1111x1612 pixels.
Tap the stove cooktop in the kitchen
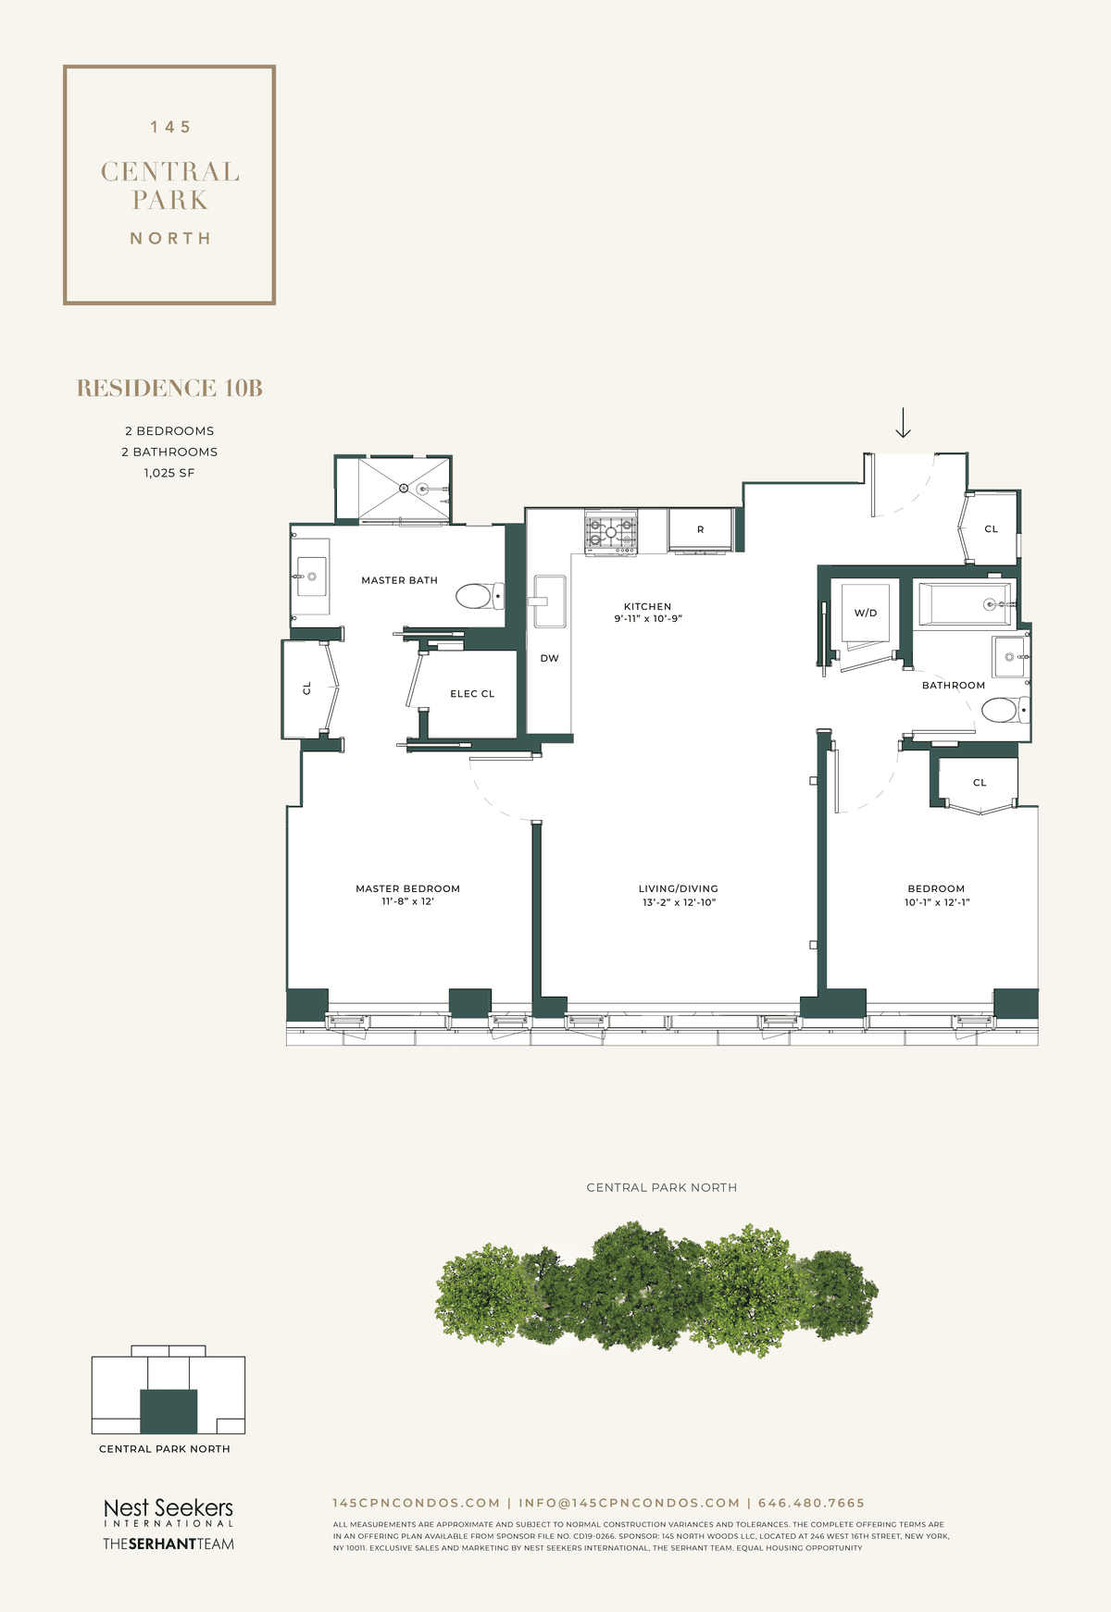click(611, 532)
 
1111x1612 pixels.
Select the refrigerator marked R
click(701, 530)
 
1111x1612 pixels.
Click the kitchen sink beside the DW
click(549, 601)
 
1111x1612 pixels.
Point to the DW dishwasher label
click(550, 659)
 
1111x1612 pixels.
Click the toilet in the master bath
click(480, 595)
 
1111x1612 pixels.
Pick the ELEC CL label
click(472, 694)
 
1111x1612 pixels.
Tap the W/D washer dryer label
click(866, 614)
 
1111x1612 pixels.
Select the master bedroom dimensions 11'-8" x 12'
click(408, 901)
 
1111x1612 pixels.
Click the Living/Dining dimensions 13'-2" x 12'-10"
click(680, 902)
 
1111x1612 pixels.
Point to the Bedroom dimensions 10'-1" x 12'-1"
click(937, 902)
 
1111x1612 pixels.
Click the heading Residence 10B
click(169, 389)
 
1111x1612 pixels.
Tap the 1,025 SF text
click(169, 473)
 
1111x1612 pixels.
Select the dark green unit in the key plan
click(169, 1411)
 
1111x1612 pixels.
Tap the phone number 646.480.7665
click(811, 1503)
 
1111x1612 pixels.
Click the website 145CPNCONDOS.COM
click(417, 1503)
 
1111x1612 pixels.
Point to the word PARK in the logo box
click(170, 200)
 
